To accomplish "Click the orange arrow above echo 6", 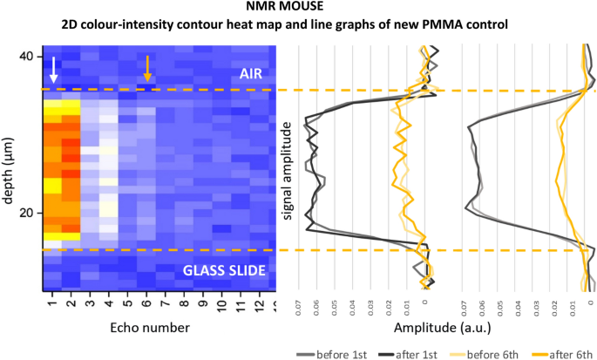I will (x=148, y=69).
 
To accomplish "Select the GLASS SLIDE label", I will (x=223, y=269).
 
